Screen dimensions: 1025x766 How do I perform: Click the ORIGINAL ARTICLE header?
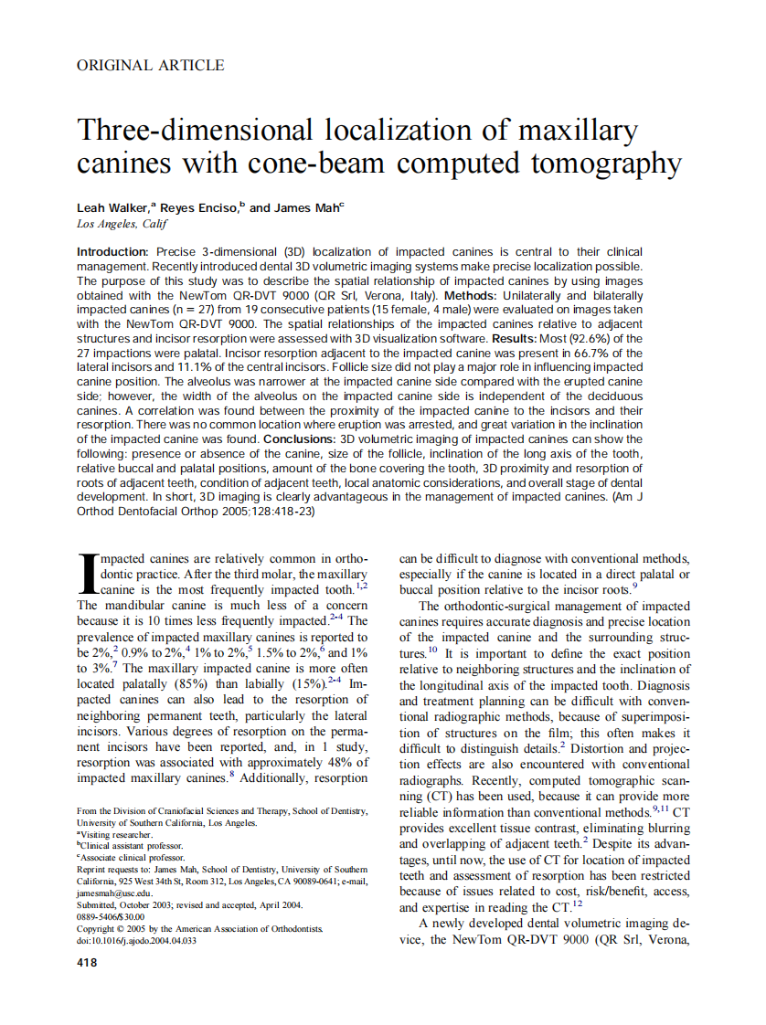tap(150, 65)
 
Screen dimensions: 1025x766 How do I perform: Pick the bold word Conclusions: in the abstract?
tap(299, 439)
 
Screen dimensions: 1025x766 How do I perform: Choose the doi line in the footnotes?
tap(136, 940)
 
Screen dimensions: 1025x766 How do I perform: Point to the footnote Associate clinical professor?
tap(132, 858)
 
